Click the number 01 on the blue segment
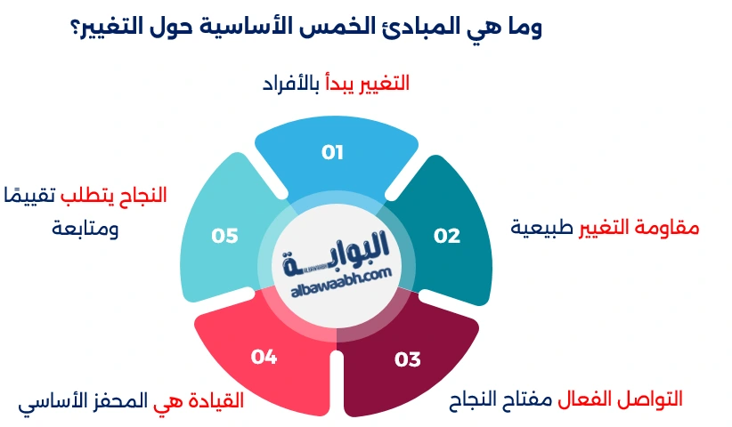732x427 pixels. click(x=332, y=152)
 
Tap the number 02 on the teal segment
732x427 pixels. click(x=447, y=236)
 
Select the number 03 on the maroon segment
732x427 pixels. click(x=407, y=359)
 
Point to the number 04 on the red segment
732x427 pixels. click(x=264, y=357)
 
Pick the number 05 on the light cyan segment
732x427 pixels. click(x=224, y=236)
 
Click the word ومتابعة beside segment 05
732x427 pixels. click(x=85, y=229)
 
